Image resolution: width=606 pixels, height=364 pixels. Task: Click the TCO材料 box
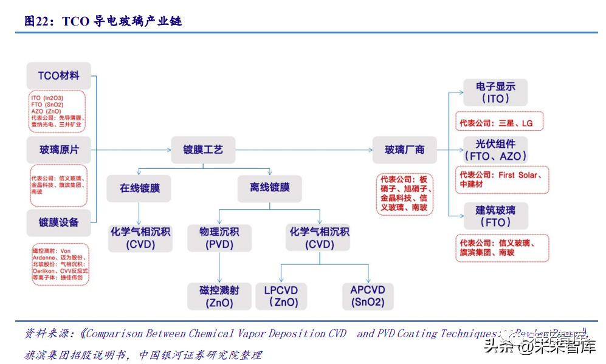(x=58, y=76)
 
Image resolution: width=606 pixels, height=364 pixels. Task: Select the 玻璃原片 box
(x=58, y=149)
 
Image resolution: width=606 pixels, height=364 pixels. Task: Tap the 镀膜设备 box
(x=58, y=222)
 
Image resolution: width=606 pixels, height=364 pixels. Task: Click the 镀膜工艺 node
(x=203, y=149)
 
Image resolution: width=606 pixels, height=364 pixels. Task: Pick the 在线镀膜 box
(x=139, y=188)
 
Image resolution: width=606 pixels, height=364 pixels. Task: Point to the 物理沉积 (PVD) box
(x=219, y=238)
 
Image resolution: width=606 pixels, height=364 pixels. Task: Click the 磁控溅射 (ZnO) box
(x=219, y=296)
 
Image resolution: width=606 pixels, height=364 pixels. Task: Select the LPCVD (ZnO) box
(x=281, y=296)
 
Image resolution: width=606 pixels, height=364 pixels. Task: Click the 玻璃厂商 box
(x=404, y=149)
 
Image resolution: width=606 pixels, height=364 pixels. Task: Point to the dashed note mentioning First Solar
(x=501, y=179)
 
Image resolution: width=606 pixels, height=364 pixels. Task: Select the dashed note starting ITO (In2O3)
(x=58, y=111)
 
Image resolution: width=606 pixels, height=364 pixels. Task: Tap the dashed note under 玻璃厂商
(x=404, y=194)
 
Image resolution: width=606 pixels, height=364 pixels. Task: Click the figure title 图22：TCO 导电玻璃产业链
(x=103, y=21)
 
